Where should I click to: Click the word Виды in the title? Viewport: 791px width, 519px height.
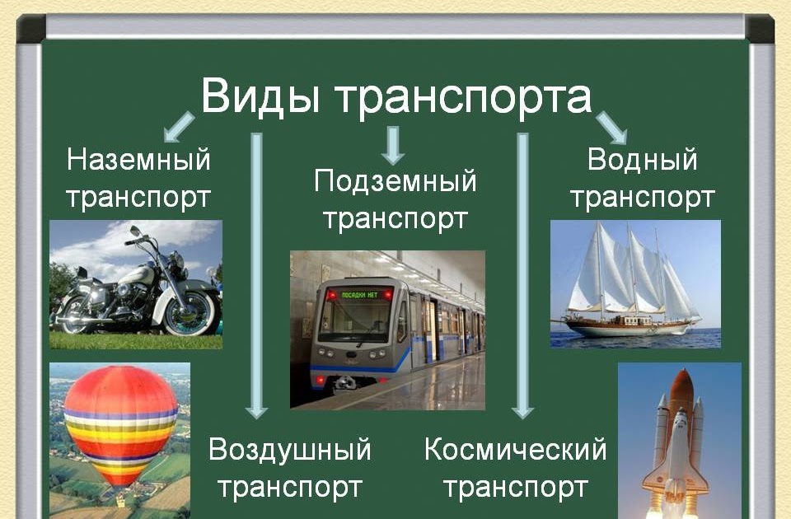coord(260,96)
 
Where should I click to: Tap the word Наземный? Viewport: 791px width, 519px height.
coord(138,160)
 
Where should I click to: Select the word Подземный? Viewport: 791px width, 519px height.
coord(395,181)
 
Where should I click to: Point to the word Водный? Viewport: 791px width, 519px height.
coord(642,161)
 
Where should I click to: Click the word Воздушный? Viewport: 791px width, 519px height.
coord(290,450)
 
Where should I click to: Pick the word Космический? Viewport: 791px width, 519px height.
coord(516,449)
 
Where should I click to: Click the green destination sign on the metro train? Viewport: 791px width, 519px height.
coord(360,295)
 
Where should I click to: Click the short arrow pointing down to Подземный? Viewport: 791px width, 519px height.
coord(392,146)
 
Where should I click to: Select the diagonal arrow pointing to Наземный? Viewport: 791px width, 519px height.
coord(179,127)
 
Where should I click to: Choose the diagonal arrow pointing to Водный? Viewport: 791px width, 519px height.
coord(611,129)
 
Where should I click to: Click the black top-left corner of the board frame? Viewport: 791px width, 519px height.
coord(30,28)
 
